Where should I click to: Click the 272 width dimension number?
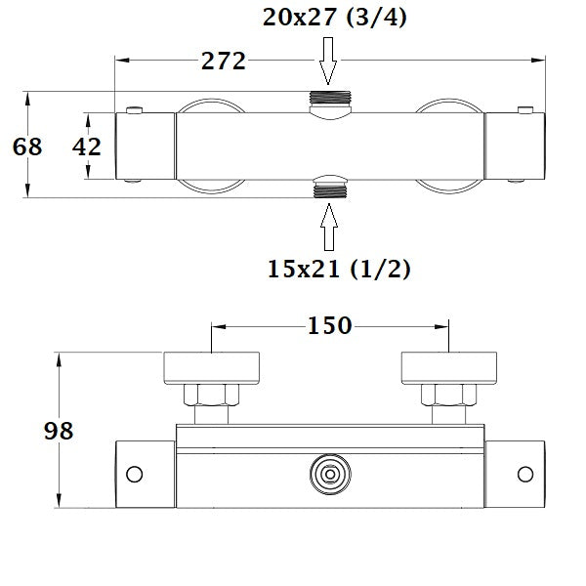point(222,61)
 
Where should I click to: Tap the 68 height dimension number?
point(26,147)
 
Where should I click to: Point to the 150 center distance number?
point(329,325)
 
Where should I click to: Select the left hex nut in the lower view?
point(209,396)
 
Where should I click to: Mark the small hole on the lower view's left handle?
point(136,475)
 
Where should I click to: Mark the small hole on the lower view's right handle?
point(525,475)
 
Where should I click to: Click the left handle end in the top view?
point(146,146)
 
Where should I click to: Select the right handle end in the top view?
point(516,146)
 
